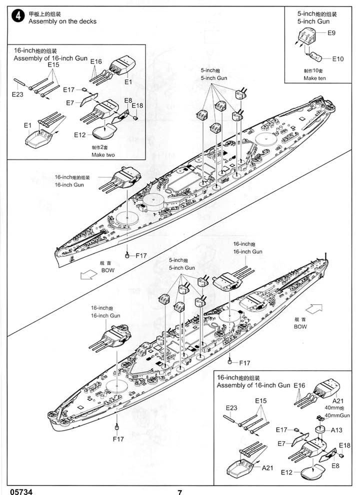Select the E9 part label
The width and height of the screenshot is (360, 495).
pyautogui.click(x=331, y=33)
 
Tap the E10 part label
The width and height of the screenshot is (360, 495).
pyautogui.click(x=337, y=59)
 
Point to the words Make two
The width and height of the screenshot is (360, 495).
pyautogui.click(x=103, y=155)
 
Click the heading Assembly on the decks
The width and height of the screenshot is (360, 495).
pyautogui.click(x=62, y=21)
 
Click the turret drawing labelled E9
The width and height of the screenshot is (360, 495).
pyautogui.click(x=307, y=36)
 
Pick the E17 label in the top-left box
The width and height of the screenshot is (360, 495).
pyautogui.click(x=68, y=89)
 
